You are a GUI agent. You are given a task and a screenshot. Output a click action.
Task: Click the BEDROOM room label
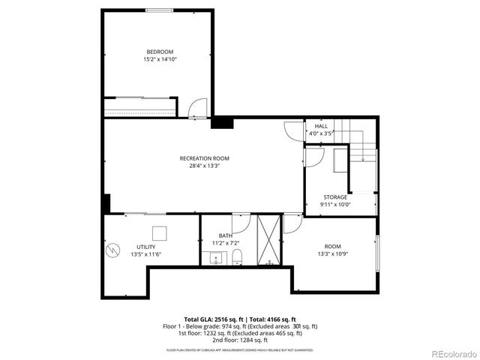tap(160, 52)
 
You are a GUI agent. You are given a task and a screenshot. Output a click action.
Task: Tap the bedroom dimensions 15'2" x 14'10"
tap(160, 59)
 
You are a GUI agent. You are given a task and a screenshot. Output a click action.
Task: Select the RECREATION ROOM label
tap(204, 158)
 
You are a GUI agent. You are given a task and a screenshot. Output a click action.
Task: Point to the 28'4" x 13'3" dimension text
tap(204, 166)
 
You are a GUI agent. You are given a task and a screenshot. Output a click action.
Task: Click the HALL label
tap(320, 126)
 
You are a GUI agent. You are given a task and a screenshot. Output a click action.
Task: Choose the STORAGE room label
tap(335, 197)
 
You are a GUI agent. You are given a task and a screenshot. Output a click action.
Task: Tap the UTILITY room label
tap(145, 247)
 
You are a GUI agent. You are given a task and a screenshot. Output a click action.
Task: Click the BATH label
tap(225, 235)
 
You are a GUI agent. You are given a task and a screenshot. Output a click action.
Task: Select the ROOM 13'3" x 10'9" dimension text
tap(331, 254)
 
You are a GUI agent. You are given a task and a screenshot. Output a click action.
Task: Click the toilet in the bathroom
tap(238, 259)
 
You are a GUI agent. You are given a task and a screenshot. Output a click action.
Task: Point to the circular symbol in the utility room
tap(114, 249)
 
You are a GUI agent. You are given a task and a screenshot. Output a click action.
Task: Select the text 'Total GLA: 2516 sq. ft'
tap(212, 319)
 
